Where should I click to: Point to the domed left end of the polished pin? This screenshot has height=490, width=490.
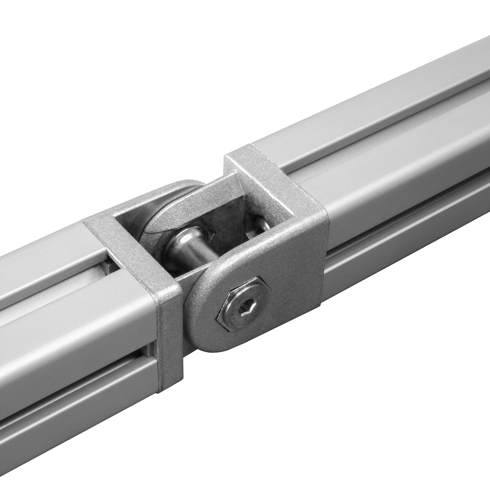175,247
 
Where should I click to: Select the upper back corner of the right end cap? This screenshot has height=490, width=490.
251,150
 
